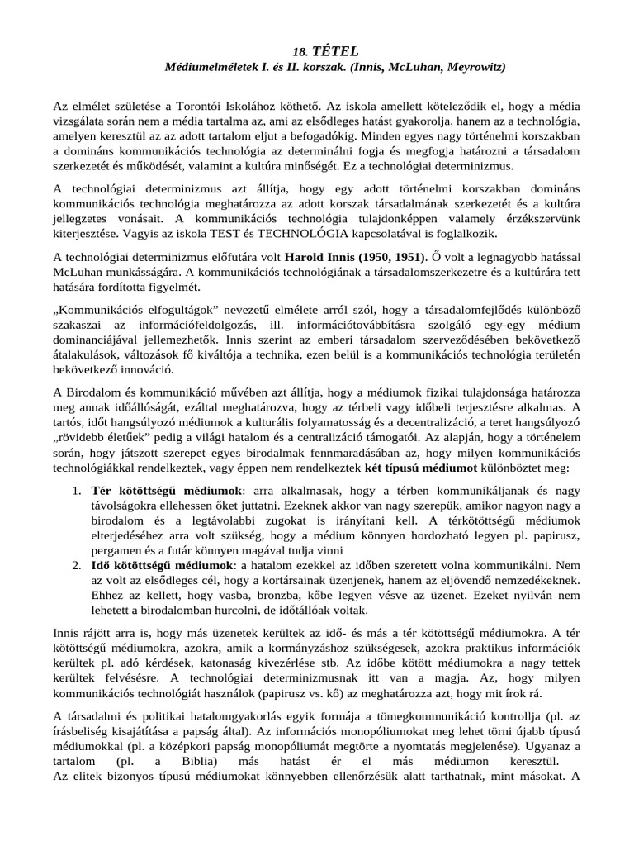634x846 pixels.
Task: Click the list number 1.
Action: tap(76, 491)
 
